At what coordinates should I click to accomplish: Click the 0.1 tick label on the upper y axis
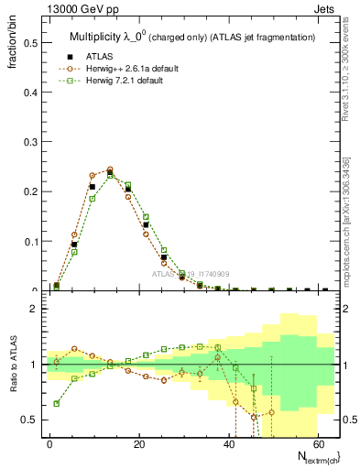click(x=31, y=242)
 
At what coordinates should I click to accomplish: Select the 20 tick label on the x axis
click(x=139, y=443)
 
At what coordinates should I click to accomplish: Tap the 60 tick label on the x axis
click(x=318, y=443)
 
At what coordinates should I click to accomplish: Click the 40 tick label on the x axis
click(x=229, y=443)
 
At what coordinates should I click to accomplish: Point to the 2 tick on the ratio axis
click(x=42, y=309)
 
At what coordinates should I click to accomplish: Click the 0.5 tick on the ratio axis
click(x=42, y=420)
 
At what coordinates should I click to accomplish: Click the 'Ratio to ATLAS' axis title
click(x=12, y=366)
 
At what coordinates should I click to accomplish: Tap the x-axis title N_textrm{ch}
click(x=311, y=456)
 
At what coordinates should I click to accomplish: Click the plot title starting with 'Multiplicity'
click(x=192, y=37)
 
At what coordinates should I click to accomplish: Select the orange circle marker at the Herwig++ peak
click(x=110, y=169)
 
